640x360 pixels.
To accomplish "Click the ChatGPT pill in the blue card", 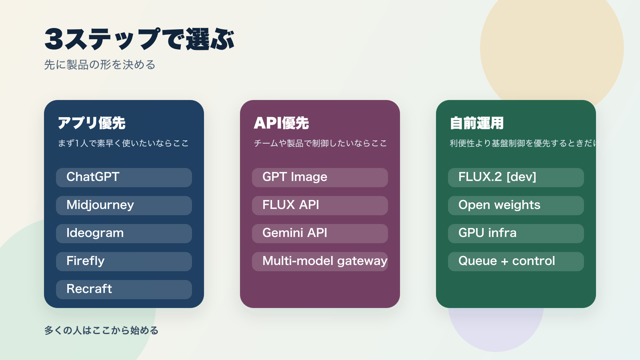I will coord(124,177).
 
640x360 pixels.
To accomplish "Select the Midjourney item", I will coord(124,205).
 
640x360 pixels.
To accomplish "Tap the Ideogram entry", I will coord(124,233).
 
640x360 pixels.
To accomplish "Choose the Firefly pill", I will coord(124,261).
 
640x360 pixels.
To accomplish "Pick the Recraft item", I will coord(124,289).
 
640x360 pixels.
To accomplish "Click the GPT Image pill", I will coord(320,177).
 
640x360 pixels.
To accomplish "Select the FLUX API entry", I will coord(320,205).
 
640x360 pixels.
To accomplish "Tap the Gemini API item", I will coord(320,233).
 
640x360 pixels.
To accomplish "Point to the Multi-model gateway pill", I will coord(320,261).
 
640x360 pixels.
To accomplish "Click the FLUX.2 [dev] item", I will coord(516,177).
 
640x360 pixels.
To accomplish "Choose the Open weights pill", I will coord(516,205).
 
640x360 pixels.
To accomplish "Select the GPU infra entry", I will coord(516,233).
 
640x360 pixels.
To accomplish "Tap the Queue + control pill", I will coord(516,261).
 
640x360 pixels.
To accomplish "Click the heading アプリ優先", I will coord(92,123).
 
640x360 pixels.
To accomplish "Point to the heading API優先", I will coord(281,123).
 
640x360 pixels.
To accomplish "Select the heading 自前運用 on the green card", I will coord(476,123).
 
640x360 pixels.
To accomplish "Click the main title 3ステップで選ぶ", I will coord(139,40).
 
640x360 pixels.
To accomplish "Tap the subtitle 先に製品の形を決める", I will coord(100,65).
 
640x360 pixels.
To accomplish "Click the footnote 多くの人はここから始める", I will coord(101,330).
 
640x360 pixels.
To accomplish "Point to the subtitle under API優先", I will coord(320,143).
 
